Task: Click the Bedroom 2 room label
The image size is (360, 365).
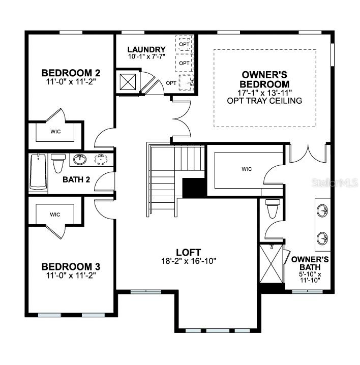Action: click(71, 72)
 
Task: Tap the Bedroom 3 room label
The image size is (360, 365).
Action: click(71, 266)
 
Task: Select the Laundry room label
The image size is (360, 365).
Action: click(146, 49)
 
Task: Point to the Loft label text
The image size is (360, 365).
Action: click(189, 252)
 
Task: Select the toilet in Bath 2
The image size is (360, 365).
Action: click(58, 163)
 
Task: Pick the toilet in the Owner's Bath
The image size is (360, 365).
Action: click(273, 208)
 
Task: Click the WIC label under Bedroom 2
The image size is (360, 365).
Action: click(55, 131)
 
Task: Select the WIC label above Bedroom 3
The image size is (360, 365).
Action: click(55, 215)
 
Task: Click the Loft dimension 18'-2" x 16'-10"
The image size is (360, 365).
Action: click(189, 261)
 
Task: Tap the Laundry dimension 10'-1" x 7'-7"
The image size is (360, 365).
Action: click(146, 57)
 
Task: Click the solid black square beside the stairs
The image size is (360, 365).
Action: click(194, 188)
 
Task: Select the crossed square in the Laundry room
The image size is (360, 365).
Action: click(127, 82)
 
